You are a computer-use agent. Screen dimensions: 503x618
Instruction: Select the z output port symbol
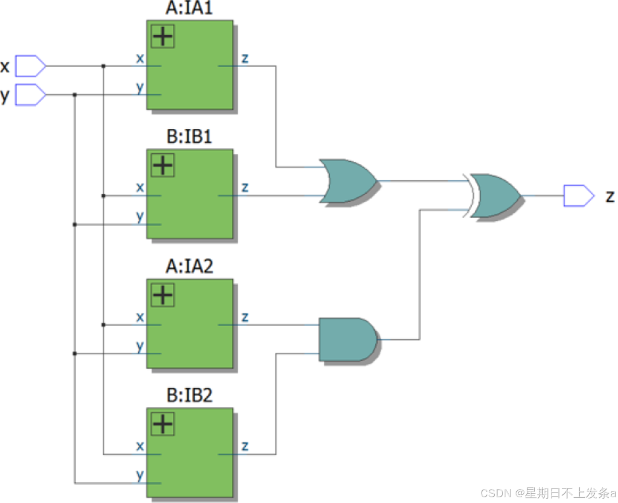click(579, 196)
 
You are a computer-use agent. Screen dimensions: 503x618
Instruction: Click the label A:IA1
click(190, 9)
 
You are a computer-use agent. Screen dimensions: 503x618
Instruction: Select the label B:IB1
click(190, 138)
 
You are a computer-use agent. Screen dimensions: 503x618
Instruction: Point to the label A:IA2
click(190, 268)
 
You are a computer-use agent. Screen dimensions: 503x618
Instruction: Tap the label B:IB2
click(190, 397)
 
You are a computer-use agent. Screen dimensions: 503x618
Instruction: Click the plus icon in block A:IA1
click(163, 36)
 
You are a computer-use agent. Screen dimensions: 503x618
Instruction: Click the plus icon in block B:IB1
click(163, 166)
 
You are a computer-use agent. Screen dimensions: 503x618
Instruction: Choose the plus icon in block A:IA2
click(163, 295)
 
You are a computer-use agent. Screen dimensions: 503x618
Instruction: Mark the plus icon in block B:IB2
click(163, 425)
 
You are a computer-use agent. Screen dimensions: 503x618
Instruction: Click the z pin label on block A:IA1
click(245, 58)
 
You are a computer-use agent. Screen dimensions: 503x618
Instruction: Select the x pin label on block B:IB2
click(139, 446)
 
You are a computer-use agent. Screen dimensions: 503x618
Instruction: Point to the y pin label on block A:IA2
click(139, 346)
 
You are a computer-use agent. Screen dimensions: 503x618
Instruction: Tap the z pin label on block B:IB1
click(245, 187)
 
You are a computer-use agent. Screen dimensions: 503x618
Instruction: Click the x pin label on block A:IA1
click(139, 58)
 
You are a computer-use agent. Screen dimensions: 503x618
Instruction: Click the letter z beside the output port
click(609, 197)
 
